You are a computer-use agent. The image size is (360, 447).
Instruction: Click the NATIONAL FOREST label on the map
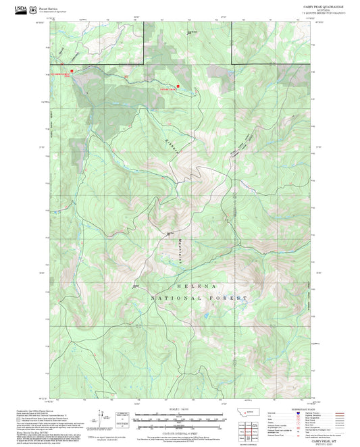point(199,297)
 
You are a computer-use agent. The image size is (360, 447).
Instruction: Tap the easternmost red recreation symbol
point(178,86)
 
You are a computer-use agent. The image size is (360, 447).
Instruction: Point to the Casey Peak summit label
point(170,234)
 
